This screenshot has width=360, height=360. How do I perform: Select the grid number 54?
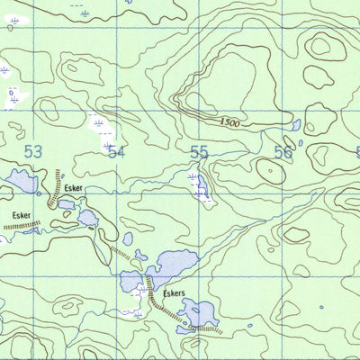tap(115, 152)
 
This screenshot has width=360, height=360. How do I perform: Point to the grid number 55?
tap(199, 152)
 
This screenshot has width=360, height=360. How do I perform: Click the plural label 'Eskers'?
tap(175, 293)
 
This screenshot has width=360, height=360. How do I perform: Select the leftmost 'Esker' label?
tap(22, 216)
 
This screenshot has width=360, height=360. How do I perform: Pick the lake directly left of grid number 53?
tap(20, 181)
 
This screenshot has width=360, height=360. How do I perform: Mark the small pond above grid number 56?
tap(296, 125)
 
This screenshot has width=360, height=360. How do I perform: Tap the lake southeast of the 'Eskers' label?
tap(199, 314)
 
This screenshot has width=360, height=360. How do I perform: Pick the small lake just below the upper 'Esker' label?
tap(67, 204)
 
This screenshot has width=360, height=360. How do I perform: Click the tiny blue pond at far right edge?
tap(321, 307)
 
